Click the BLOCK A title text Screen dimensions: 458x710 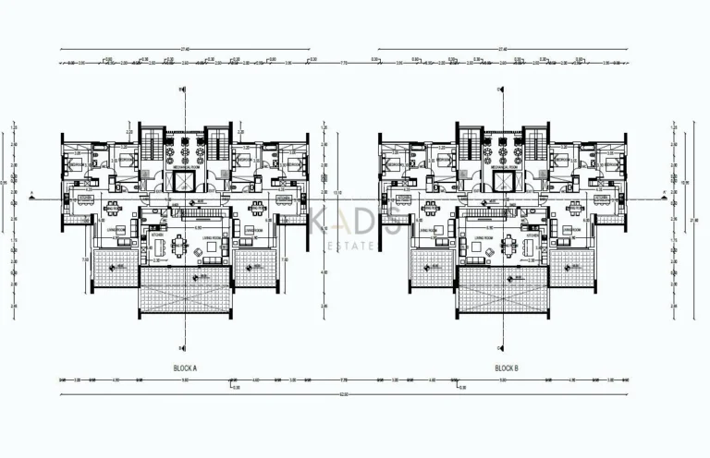click(186, 368)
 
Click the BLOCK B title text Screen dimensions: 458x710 click(506, 368)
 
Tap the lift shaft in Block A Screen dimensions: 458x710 click(185, 180)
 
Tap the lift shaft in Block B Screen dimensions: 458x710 click(504, 180)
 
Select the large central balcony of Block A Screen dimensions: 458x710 click(186, 290)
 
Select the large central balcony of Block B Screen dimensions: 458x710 click(504, 290)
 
